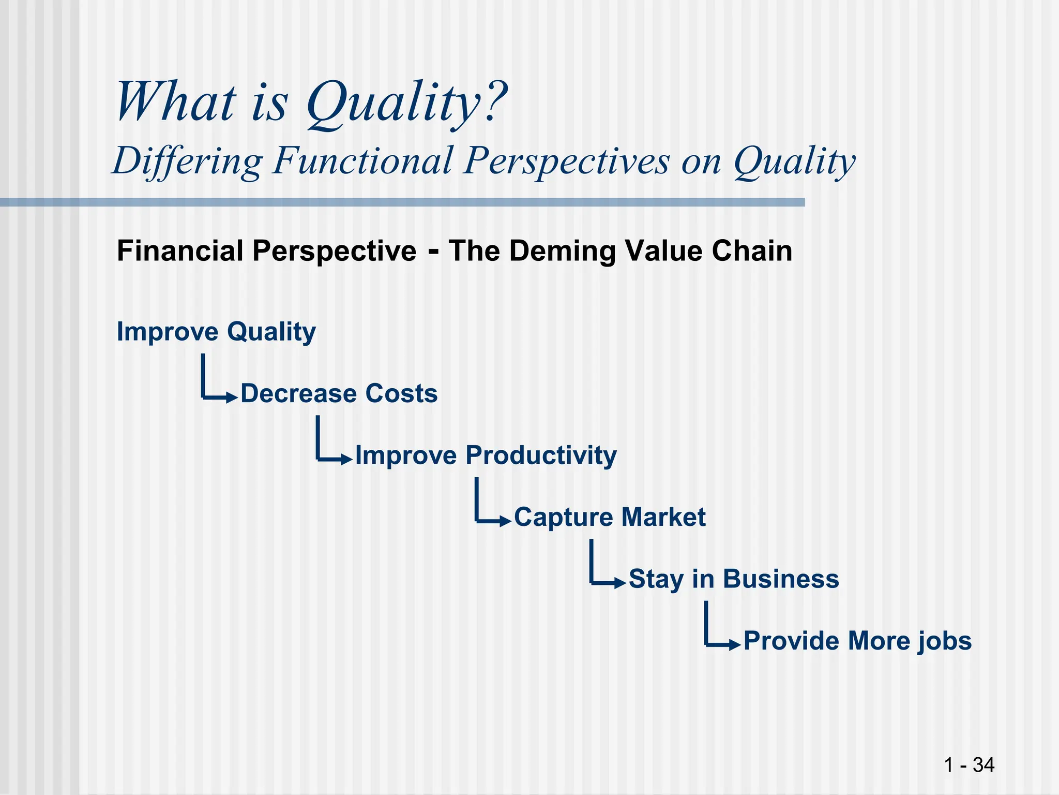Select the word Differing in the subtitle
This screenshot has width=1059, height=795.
tap(188, 160)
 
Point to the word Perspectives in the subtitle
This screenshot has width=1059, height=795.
tap(566, 160)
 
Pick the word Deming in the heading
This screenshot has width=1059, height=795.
tap(562, 251)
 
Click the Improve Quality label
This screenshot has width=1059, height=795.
tap(216, 332)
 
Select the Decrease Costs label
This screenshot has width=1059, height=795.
tap(339, 393)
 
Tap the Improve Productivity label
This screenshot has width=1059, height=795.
tap(486, 455)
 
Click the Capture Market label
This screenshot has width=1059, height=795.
tap(610, 517)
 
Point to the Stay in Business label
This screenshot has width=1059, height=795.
tap(734, 579)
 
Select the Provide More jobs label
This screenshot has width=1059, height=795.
tap(857, 641)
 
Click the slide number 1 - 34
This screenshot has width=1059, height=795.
tap(969, 765)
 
